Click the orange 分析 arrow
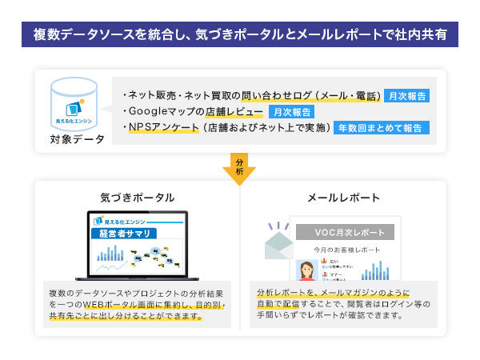239,167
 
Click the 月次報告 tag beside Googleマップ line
291,111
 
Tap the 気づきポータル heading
137,197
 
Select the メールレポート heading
343,197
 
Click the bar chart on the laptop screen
110,254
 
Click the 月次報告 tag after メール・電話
406,95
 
